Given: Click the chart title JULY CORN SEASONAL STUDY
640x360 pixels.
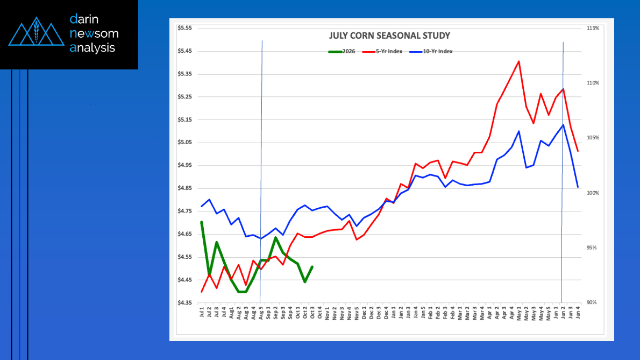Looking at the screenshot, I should click(x=389, y=36).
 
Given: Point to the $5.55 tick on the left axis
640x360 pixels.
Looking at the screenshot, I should click(x=184, y=28).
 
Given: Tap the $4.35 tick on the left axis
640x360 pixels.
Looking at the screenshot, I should click(x=184, y=303).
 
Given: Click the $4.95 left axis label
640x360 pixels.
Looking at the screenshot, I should click(x=184, y=166).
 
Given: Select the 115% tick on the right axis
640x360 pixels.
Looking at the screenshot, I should click(x=593, y=28).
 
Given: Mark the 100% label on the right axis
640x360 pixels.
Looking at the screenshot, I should click(x=593, y=193).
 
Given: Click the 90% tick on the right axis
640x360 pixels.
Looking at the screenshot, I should click(x=593, y=303).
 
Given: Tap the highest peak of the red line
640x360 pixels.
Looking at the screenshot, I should click(x=518, y=61).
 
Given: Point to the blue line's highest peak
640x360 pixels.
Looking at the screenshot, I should click(x=563, y=125).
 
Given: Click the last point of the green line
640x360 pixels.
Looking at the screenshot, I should click(x=312, y=266).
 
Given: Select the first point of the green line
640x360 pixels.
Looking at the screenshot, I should click(x=202, y=222).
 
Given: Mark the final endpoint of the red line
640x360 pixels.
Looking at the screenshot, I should click(x=578, y=151).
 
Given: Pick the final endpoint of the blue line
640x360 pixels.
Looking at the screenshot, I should click(x=578, y=187).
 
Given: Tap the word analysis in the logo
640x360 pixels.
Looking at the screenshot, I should click(x=92, y=47).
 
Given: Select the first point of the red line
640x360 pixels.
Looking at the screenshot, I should click(x=202, y=292).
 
